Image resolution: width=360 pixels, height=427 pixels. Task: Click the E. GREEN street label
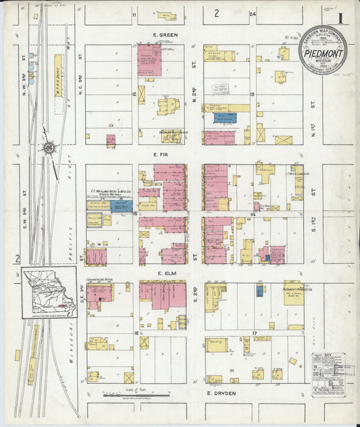point(164,34)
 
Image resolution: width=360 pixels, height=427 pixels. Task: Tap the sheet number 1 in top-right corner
point(342,18)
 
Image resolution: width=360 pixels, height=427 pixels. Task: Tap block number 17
point(255,334)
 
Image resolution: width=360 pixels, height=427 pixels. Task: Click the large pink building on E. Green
point(149,59)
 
